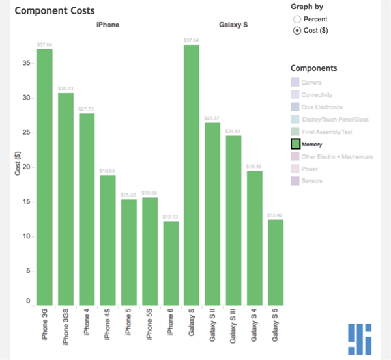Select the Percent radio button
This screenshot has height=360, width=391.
(298, 20)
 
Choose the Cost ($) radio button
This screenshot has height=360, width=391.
(298, 30)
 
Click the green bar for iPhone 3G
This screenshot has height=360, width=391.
(45, 176)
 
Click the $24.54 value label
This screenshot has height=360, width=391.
(233, 131)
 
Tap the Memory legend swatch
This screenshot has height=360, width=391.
(295, 144)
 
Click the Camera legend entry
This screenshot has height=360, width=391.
(311, 82)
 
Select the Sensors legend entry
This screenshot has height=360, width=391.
(313, 181)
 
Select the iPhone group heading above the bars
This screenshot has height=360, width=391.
(108, 25)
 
